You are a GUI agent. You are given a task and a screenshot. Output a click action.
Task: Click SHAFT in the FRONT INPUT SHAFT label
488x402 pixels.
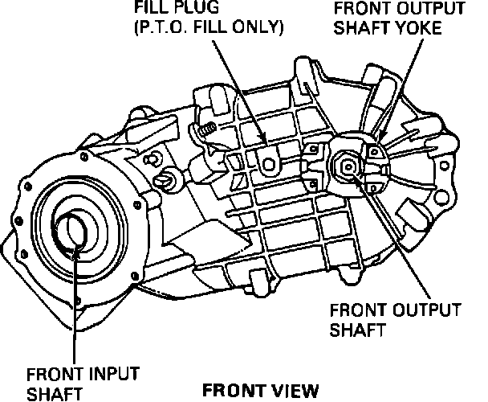51,394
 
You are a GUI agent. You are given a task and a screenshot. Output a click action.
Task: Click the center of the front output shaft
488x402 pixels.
348,167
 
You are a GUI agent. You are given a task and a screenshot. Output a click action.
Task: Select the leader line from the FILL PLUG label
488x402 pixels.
241,88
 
